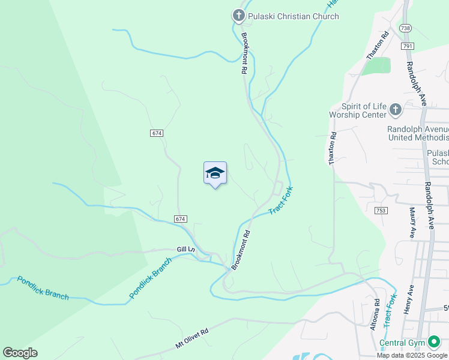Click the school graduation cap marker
tap(215, 173)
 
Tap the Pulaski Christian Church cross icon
tap(238, 16)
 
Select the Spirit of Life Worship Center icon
tap(395, 109)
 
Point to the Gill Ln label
tap(186, 249)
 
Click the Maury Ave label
tap(413, 223)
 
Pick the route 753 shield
tap(381, 211)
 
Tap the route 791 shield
tap(408, 46)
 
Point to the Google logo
tap(20, 353)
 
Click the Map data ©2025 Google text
tap(412, 355)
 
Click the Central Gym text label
tap(402, 344)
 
